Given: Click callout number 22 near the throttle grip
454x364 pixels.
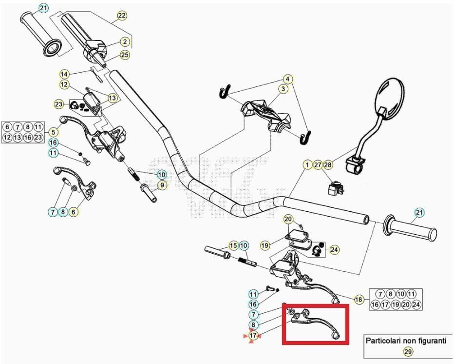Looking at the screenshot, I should pos(121,16).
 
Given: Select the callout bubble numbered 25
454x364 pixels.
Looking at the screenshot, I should pos(125,55).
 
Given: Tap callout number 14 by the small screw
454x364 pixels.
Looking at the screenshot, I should pos(64,74).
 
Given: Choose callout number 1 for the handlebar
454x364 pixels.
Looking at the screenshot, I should pos(307,165).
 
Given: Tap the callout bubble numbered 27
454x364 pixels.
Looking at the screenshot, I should pos(318,165).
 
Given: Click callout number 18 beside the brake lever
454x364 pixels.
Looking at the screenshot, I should pos(359,300).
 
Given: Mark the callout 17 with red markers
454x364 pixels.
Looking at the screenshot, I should pos(253,336).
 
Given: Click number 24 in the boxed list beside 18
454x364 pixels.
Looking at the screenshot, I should pos(416,305).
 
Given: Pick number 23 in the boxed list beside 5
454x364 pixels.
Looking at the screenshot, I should pos(38,138).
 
